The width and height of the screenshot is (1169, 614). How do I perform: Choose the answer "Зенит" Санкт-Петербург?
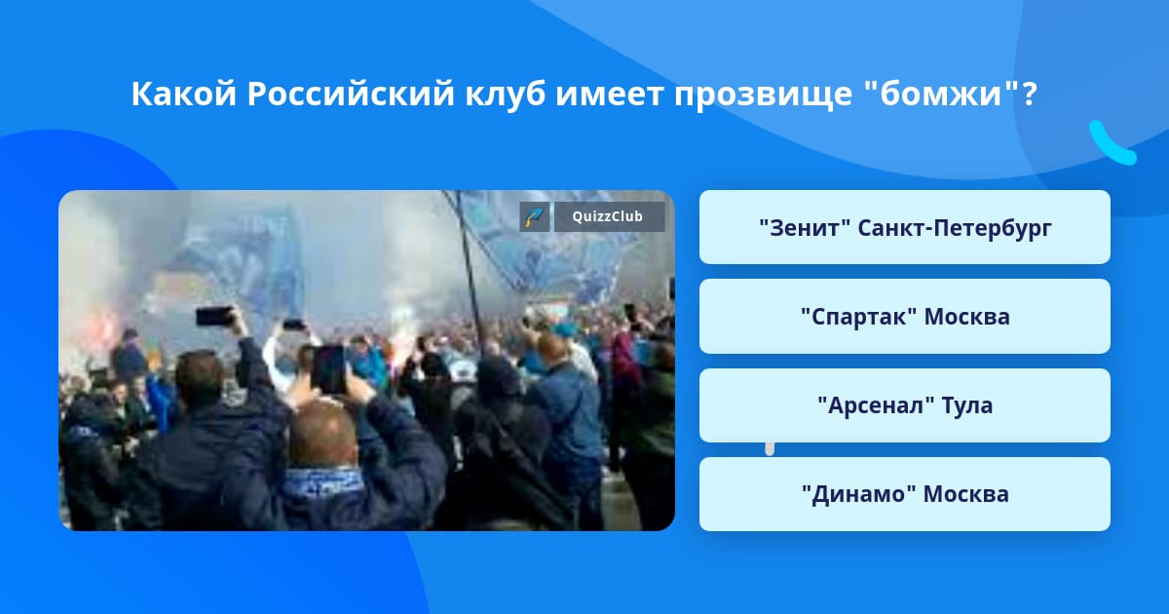point(904,227)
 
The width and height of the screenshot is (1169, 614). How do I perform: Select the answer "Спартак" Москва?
point(904,317)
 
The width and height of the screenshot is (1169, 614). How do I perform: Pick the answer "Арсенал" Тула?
point(904,405)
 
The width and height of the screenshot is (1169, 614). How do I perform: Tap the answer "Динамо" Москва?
point(904,494)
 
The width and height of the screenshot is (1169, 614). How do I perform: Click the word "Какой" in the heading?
point(184,94)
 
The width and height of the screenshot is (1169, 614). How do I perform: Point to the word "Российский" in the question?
point(351,96)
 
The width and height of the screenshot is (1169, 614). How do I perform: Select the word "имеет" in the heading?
point(610,96)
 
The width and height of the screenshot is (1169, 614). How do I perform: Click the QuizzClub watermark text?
point(608,216)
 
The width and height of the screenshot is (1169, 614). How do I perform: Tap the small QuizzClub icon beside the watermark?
point(535,216)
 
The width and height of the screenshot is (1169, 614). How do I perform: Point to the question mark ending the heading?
point(1029,94)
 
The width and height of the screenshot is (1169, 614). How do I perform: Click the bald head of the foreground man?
point(322,434)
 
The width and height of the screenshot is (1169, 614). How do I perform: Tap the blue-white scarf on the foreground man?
point(322,480)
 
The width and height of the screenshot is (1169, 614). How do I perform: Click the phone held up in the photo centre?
point(328,369)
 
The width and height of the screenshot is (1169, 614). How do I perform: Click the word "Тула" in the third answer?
point(967,405)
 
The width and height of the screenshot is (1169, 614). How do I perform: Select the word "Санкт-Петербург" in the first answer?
point(955,229)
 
